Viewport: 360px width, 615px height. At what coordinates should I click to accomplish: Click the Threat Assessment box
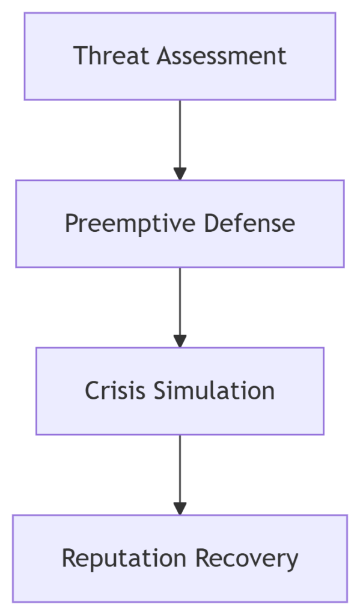(x=180, y=56)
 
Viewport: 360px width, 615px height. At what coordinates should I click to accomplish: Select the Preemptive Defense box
(x=180, y=223)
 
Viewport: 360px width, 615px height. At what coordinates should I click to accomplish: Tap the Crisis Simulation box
(x=180, y=391)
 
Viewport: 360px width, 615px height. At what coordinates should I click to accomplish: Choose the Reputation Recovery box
(x=180, y=559)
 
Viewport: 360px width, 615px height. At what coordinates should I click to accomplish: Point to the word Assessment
(x=222, y=56)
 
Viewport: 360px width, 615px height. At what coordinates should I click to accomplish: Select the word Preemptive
(x=130, y=223)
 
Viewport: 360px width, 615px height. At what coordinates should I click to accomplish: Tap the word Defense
(x=249, y=223)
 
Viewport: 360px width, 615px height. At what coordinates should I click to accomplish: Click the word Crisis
(x=115, y=390)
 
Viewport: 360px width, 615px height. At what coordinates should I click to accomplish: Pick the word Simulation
(x=215, y=390)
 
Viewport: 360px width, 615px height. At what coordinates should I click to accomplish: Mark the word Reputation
(x=124, y=559)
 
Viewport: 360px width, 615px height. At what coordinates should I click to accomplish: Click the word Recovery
(x=247, y=559)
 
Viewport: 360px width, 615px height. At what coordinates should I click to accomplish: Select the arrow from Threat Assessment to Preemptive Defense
(x=180, y=140)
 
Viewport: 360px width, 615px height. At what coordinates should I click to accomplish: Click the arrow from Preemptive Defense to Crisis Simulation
(x=180, y=307)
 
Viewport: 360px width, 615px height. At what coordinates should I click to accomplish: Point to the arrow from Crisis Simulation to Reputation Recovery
(x=180, y=475)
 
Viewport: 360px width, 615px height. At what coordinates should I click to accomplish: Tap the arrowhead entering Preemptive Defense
(x=180, y=174)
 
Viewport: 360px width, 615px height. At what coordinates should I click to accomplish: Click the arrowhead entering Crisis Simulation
(x=180, y=341)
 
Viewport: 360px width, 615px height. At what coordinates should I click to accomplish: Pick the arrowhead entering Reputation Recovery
(x=180, y=508)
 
